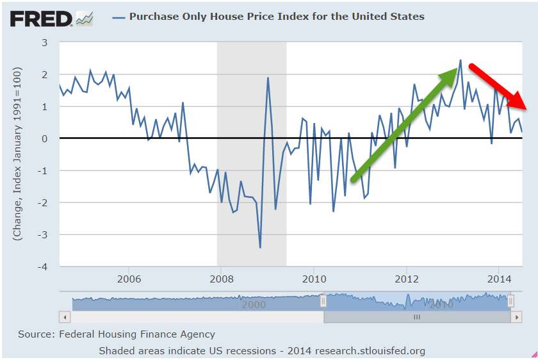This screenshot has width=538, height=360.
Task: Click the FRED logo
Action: pos(42,18)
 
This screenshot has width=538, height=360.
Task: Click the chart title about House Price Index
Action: pos(277,16)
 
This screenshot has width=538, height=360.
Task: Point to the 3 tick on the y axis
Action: pos(45,42)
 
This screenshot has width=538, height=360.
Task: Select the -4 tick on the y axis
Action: pos(44,266)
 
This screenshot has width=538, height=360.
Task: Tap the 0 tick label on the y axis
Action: pos(45,138)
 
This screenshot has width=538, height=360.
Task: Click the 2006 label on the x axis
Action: pos(129,279)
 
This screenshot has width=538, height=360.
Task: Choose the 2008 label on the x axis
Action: pos(221,279)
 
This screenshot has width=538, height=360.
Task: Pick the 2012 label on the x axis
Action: pos(406,279)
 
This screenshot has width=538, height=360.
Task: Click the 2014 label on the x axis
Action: pos(498,279)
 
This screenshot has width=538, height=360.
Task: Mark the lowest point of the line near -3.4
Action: pos(260,247)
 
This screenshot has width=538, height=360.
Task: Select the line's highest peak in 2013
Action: pos(461,61)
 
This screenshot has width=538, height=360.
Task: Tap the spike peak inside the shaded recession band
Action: pos(268,78)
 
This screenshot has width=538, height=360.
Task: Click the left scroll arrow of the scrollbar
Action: pos(63,317)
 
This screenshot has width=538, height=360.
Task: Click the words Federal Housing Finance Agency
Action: pos(137,334)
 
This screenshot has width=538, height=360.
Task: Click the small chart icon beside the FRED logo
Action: pos(85,19)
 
